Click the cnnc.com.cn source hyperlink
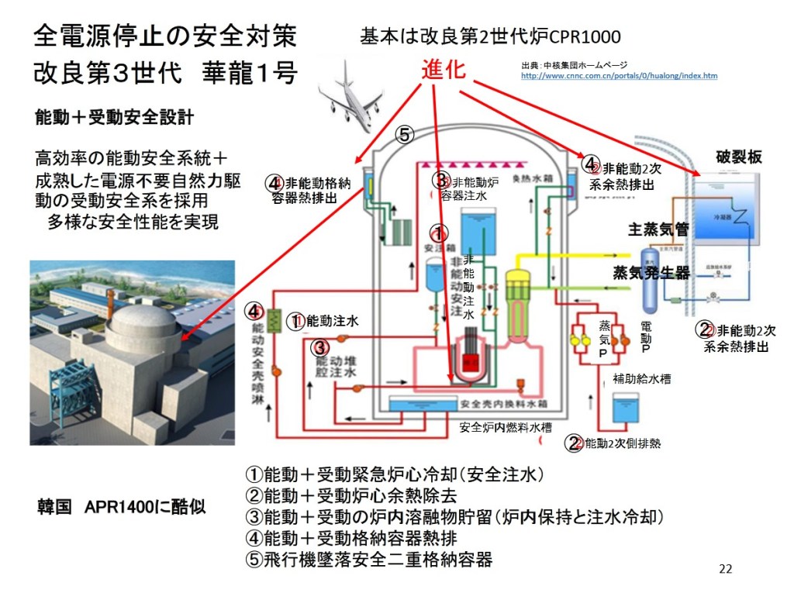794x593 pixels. pyautogui.click(x=619, y=76)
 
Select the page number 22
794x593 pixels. pyautogui.click(x=725, y=569)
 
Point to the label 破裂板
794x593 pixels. pyautogui.click(x=738, y=157)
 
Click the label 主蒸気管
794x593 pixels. pyautogui.click(x=658, y=229)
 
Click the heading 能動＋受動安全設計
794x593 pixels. pyautogui.click(x=114, y=118)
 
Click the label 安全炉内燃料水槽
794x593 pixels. pyautogui.click(x=508, y=427)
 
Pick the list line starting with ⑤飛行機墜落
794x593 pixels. pyautogui.click(x=368, y=559)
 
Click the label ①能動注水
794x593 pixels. pyautogui.click(x=323, y=320)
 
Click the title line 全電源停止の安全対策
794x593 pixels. pyautogui.click(x=164, y=36)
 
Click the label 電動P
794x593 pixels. pyautogui.click(x=645, y=338)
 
